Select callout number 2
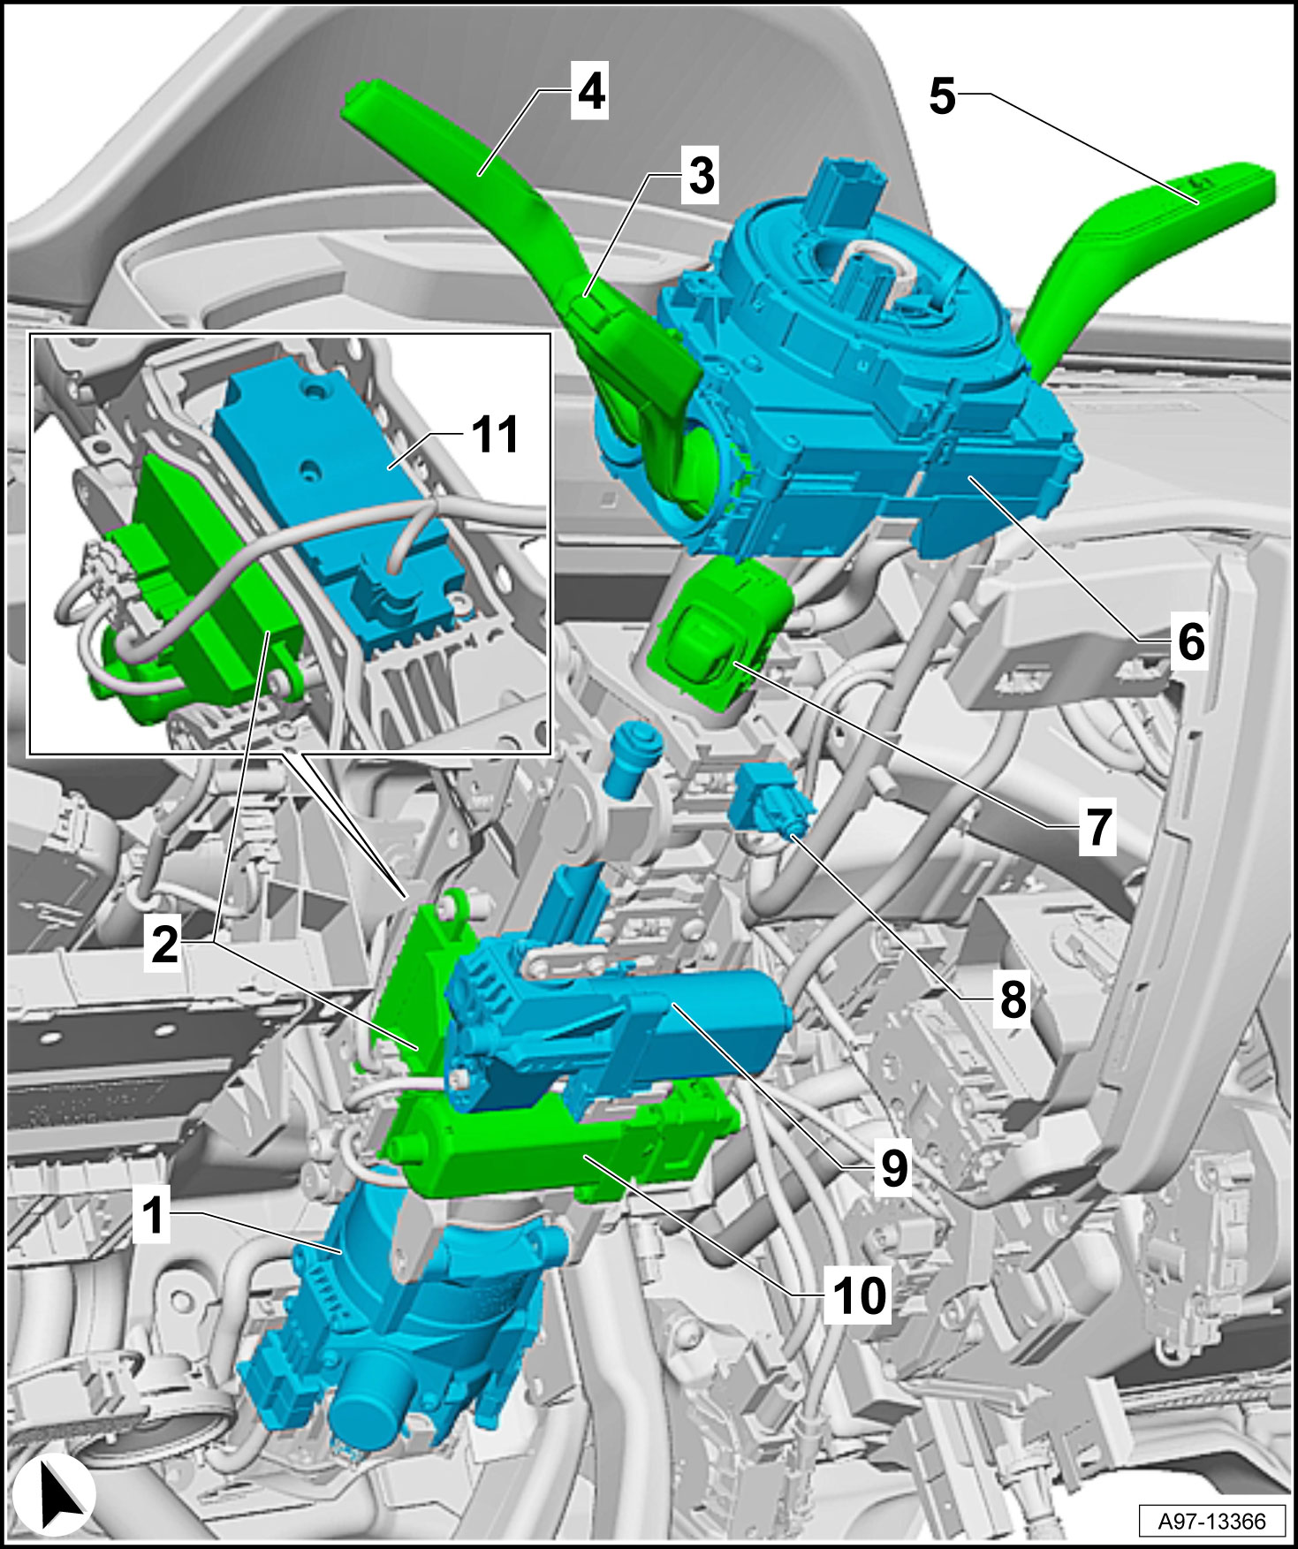(x=165, y=944)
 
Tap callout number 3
(x=701, y=175)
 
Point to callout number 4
(x=590, y=91)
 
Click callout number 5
(x=942, y=95)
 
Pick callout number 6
(x=1191, y=642)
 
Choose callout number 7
(x=1097, y=827)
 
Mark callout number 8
(x=1013, y=999)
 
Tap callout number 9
(x=894, y=1169)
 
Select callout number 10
(x=858, y=1295)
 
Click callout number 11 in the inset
(x=495, y=435)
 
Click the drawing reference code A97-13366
(x=1211, y=1521)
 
